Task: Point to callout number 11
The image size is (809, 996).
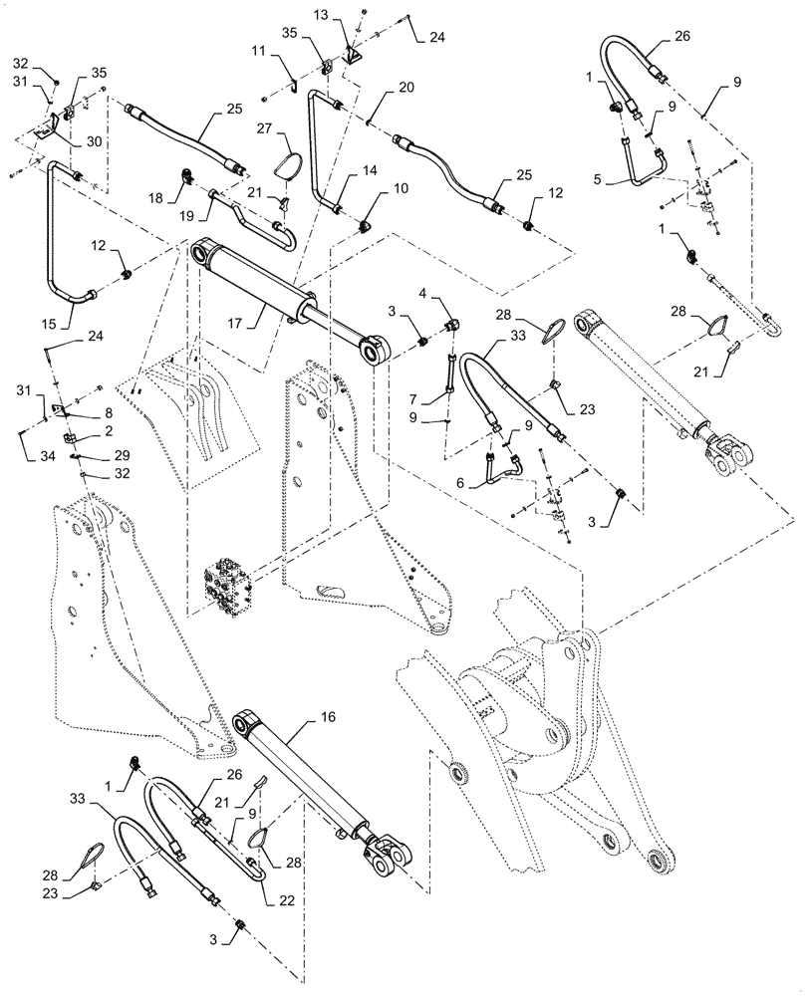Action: [x=287, y=49]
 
